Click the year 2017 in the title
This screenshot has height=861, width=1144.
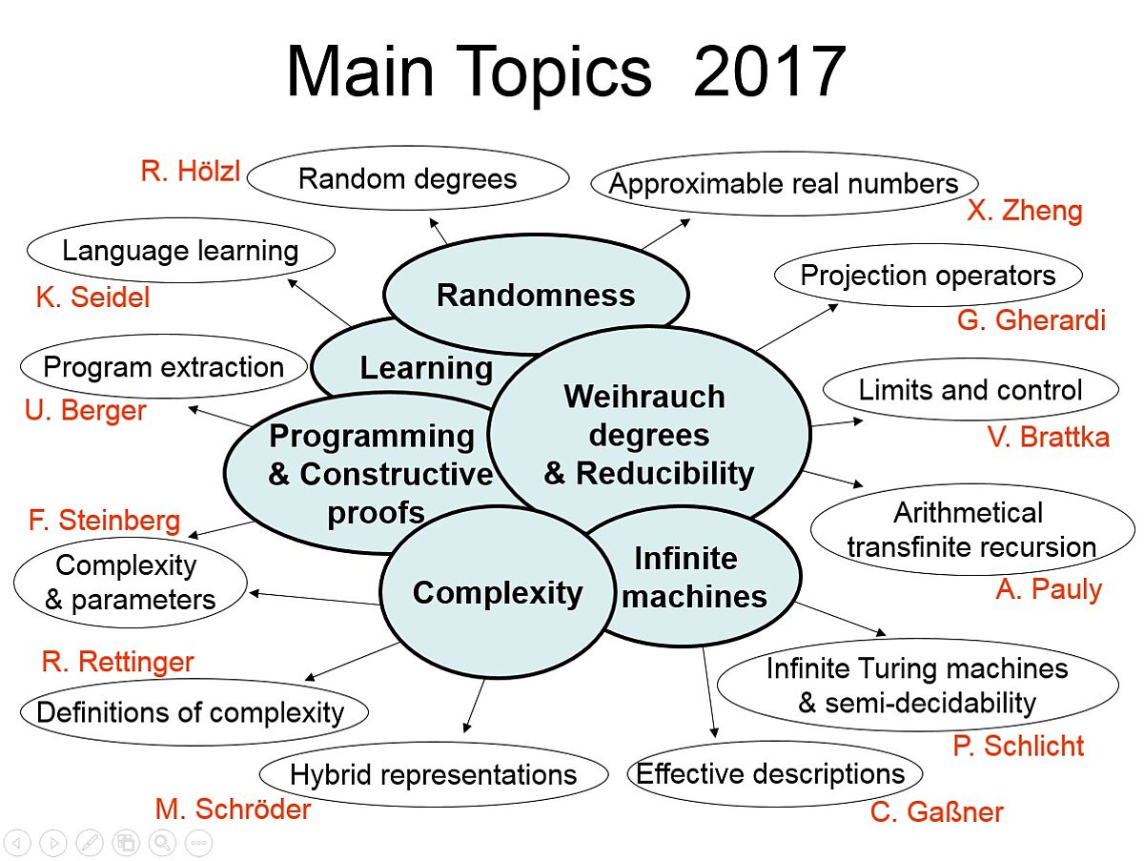(x=769, y=72)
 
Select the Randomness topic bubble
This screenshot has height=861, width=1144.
(x=536, y=295)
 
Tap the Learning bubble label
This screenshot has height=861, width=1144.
(x=426, y=368)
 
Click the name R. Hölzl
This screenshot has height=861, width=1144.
(x=191, y=171)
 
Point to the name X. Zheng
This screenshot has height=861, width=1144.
(x=1025, y=211)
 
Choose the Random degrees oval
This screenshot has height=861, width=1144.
(x=408, y=178)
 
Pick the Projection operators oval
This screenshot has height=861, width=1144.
(x=929, y=276)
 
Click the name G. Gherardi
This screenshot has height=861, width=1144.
(x=1031, y=319)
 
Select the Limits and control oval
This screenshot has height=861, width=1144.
(x=970, y=389)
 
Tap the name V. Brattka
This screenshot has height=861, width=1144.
(x=1048, y=437)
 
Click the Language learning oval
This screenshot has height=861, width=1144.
(x=180, y=251)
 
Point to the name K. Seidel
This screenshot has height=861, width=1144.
(x=92, y=297)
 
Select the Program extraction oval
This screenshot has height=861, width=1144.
(x=164, y=367)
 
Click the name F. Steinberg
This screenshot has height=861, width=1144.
(x=104, y=521)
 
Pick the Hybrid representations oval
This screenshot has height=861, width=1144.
(x=433, y=774)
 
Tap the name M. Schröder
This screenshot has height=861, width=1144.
(x=233, y=810)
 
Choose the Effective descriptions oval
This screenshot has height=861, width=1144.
(x=774, y=774)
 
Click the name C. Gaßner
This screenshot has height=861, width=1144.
(x=936, y=812)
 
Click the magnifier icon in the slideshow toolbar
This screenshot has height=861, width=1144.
(x=162, y=843)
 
